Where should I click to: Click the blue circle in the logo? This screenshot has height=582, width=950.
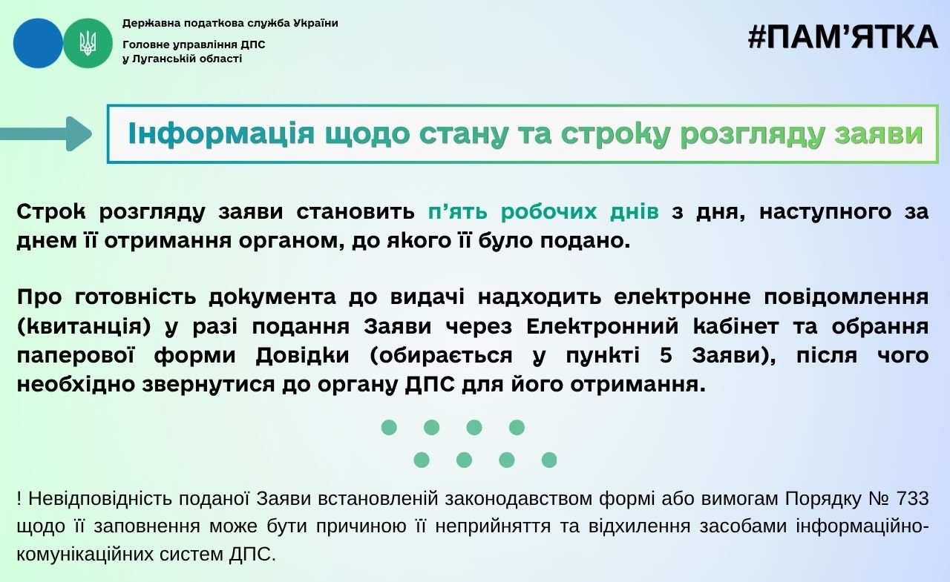(38, 43)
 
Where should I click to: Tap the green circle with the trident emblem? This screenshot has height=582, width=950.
(88, 43)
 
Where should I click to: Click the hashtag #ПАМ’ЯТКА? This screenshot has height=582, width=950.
(842, 37)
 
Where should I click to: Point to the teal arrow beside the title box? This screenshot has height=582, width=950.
(46, 134)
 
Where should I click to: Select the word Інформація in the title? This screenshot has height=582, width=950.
(221, 133)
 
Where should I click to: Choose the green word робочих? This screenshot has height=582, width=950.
(549, 211)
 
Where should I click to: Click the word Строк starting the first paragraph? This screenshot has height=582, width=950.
(51, 211)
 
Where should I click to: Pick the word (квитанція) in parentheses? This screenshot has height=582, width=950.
(84, 327)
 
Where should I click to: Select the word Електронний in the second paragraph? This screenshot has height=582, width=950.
(602, 326)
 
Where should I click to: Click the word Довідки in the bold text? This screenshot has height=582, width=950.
(302, 356)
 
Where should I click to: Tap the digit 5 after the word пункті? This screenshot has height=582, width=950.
(666, 356)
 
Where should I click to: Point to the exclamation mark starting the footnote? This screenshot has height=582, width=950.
(19, 499)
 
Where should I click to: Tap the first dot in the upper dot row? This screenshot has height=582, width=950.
(389, 427)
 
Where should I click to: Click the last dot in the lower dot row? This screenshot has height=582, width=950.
(549, 460)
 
